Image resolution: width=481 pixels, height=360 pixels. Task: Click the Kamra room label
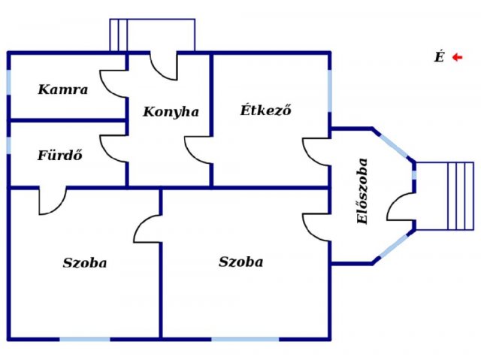tap(63, 89)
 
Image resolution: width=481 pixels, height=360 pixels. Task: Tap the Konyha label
tap(171, 112)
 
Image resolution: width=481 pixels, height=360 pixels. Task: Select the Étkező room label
tap(265, 110)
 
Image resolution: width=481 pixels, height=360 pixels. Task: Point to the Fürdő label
tap(60, 155)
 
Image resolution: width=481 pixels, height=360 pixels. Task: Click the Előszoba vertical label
tap(362, 191)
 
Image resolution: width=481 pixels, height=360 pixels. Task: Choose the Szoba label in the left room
tap(85, 263)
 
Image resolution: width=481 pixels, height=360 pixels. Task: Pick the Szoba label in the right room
tap(240, 262)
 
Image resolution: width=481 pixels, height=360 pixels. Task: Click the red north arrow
tap(458, 57)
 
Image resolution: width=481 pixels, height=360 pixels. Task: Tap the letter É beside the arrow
tap(439, 56)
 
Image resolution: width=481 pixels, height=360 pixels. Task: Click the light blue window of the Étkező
tap(330, 91)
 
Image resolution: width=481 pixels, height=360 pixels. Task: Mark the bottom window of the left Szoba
tap(85, 339)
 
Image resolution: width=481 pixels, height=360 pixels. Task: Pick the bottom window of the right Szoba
tap(245, 339)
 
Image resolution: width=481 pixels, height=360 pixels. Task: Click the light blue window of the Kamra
tap(8, 82)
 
